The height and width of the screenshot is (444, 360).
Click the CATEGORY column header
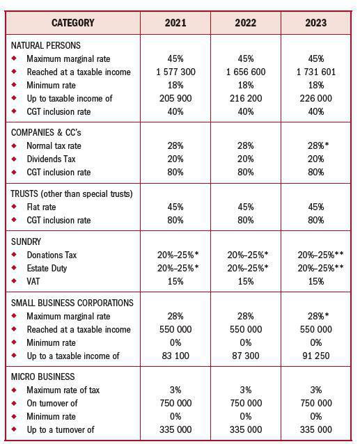click(72, 23)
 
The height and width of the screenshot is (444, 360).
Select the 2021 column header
click(175, 23)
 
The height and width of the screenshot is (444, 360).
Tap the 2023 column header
click(315, 23)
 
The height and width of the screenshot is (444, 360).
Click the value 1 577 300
click(175, 72)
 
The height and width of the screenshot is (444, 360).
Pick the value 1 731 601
click(315, 72)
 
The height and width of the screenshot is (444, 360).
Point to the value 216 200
click(245, 99)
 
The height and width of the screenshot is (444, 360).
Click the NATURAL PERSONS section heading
click(46, 46)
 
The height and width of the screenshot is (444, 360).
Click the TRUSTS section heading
click(72, 193)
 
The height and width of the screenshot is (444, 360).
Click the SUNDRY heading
click(26, 241)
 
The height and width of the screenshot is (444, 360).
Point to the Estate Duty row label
click(47, 268)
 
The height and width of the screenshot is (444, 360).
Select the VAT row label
click(34, 281)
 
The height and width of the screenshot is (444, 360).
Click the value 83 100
click(175, 356)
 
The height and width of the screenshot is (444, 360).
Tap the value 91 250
click(315, 356)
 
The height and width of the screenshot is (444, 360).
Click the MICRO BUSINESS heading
click(42, 377)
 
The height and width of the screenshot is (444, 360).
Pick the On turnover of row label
click(52, 404)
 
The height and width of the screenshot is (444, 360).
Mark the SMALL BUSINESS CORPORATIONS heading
click(72, 303)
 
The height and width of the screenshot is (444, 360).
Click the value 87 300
click(245, 356)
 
